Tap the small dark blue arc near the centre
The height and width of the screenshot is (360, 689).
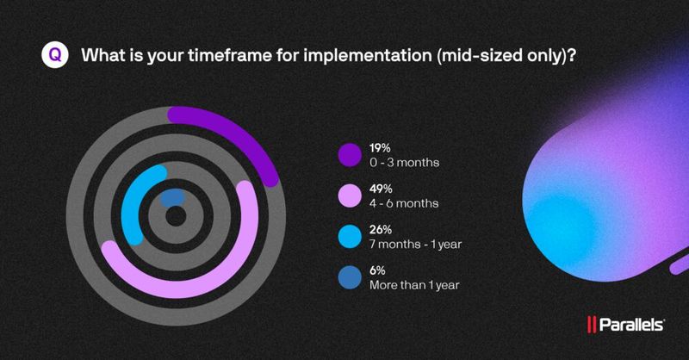171,197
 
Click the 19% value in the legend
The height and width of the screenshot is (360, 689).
382,146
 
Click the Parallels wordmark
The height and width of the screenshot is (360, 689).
631,325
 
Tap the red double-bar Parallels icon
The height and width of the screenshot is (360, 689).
592,325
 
